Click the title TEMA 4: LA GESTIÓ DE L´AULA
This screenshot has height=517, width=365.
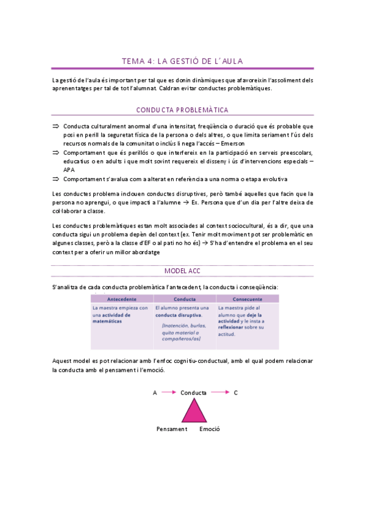[182, 61]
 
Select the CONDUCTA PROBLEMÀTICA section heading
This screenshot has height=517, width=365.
[182, 110]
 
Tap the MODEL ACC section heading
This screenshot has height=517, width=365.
[182, 270]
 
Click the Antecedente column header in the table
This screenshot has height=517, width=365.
[121, 299]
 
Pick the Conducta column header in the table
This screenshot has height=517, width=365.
[184, 299]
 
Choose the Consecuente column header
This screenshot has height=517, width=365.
[246, 299]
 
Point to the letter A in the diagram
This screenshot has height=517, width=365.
[155, 393]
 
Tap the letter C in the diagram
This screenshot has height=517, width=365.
[236, 393]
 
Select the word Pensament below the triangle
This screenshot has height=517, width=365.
[171, 429]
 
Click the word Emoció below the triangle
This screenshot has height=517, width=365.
[210, 429]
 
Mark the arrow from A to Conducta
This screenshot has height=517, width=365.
[168, 393]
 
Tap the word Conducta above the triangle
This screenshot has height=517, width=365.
[193, 393]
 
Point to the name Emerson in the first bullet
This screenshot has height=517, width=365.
[298, 143]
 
